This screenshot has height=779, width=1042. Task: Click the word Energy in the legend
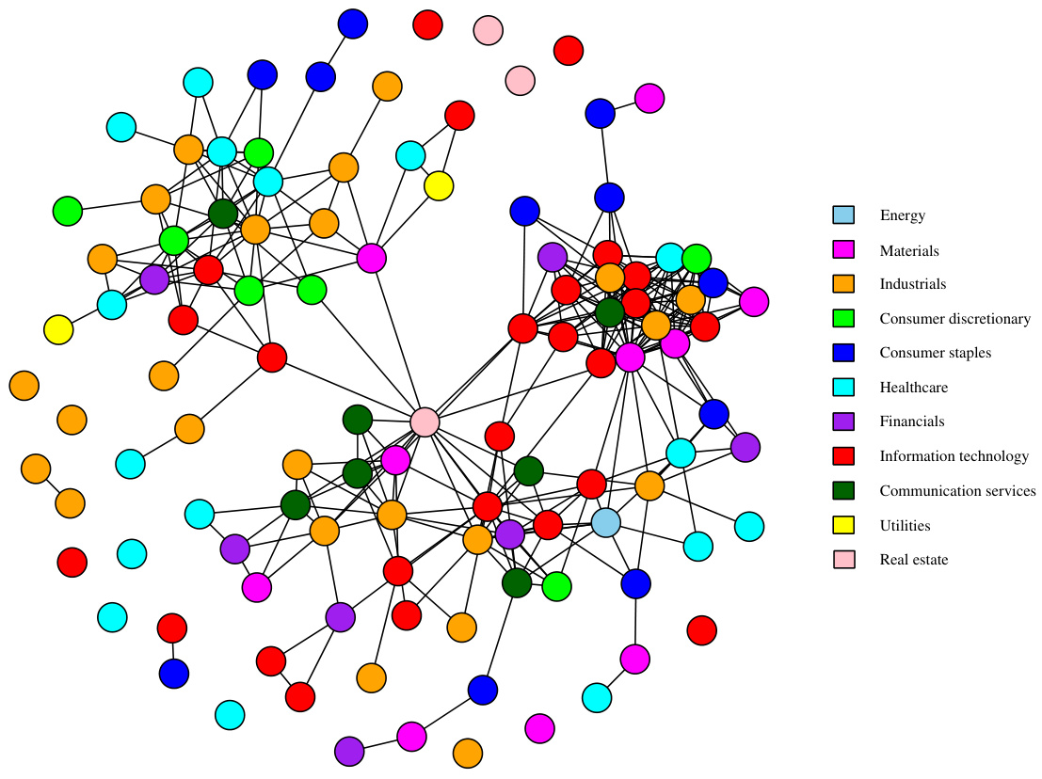coord(902,215)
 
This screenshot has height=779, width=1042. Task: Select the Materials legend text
coord(909,250)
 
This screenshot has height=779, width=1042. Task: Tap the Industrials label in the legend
coord(912,284)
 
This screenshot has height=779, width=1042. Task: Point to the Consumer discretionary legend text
coord(954,319)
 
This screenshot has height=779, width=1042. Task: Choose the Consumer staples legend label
coord(935,353)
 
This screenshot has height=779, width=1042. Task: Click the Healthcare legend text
coord(913,388)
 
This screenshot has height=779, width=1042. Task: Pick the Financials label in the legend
coord(911,421)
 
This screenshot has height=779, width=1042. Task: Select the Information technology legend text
coord(954,456)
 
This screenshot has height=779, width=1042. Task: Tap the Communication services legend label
coord(957,491)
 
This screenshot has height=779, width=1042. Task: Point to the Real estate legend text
coord(913,560)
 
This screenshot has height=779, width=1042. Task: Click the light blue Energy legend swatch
coord(844,215)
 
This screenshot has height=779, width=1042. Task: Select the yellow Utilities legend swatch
coord(844,525)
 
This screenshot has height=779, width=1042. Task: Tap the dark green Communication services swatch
coord(844,490)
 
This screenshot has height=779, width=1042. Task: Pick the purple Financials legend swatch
coord(844,421)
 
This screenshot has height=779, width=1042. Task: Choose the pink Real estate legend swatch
coord(844,560)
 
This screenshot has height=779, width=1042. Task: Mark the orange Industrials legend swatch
coord(844,283)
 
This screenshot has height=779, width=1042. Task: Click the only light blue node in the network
coord(606,522)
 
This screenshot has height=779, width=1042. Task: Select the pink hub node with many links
coord(425,421)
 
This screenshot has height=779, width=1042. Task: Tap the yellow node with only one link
coord(58,329)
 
